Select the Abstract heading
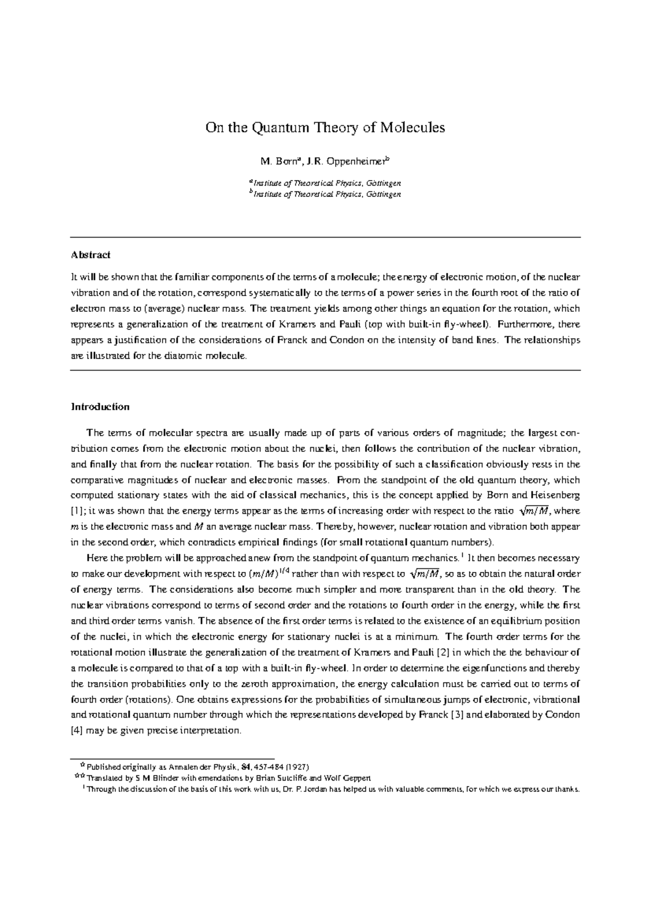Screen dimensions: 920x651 (x=91, y=254)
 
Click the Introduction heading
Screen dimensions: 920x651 (x=100, y=407)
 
